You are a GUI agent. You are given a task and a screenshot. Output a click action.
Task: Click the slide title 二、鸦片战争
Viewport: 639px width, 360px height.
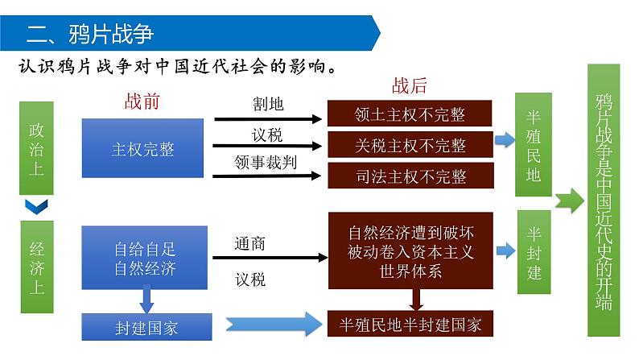click(90, 34)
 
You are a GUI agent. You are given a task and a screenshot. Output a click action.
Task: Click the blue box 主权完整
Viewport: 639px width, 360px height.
click(143, 148)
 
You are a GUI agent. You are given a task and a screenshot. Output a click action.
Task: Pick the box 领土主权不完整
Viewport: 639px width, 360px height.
click(410, 114)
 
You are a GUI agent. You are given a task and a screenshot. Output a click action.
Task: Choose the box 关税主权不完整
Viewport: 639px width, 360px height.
click(410, 146)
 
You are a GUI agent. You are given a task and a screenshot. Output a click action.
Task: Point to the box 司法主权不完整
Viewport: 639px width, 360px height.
click(410, 176)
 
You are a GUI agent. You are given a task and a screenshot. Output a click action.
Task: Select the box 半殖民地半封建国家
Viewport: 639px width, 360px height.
click(410, 325)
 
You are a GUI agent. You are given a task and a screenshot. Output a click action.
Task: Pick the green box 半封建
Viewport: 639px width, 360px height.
click(534, 253)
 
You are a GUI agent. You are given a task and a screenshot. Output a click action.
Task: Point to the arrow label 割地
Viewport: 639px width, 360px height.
click(267, 105)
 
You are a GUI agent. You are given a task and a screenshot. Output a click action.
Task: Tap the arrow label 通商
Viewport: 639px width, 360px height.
click(250, 243)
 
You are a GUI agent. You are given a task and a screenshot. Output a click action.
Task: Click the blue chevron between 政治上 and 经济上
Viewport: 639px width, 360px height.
click(37, 207)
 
